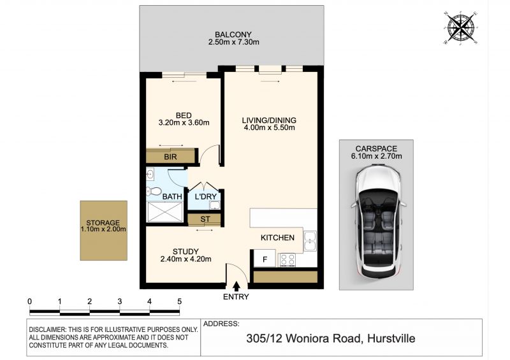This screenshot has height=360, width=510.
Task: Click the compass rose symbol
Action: (x=460, y=27)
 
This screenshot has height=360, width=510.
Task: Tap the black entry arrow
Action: (x=237, y=287)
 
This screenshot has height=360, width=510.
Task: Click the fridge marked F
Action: (x=265, y=259)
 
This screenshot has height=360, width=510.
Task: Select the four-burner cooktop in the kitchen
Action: (x=288, y=260)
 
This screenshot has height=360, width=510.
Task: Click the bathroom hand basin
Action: (x=150, y=175)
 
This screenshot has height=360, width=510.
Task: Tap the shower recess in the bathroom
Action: (x=165, y=212)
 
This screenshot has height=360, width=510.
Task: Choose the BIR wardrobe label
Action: (x=170, y=157)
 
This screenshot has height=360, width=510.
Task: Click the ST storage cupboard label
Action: (x=205, y=219)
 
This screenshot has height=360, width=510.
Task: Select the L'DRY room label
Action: (x=205, y=196)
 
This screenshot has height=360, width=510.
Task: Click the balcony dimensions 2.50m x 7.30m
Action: (x=233, y=42)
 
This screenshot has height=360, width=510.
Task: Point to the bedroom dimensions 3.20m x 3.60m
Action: (x=184, y=122)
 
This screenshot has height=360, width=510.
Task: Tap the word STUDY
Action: (x=186, y=252)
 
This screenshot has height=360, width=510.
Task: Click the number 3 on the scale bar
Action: (x=120, y=301)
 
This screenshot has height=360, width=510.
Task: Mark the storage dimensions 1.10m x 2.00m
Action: (x=103, y=229)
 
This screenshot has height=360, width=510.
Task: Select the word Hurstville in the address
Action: (x=391, y=338)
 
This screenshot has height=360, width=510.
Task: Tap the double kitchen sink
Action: (x=310, y=241)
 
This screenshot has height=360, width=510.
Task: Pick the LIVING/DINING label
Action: (x=269, y=120)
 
